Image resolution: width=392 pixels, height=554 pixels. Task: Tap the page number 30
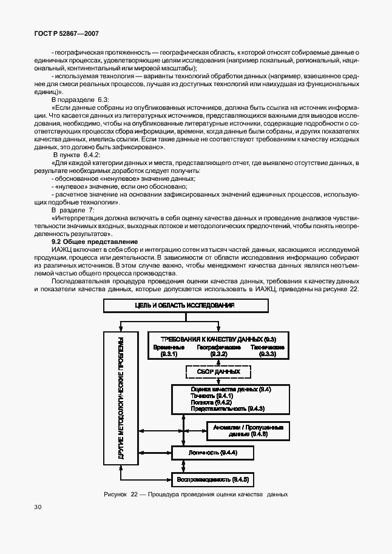[x=38, y=507]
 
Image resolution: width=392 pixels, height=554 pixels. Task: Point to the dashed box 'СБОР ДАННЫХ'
[x=218, y=371]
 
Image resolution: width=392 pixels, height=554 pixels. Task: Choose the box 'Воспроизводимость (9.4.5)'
[x=213, y=480]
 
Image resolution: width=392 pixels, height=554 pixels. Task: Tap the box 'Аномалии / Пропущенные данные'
[x=248, y=430]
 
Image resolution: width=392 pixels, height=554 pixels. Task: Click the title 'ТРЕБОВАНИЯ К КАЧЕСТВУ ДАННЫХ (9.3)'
[x=218, y=339]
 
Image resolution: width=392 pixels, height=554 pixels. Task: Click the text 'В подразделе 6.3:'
[x=80, y=99]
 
